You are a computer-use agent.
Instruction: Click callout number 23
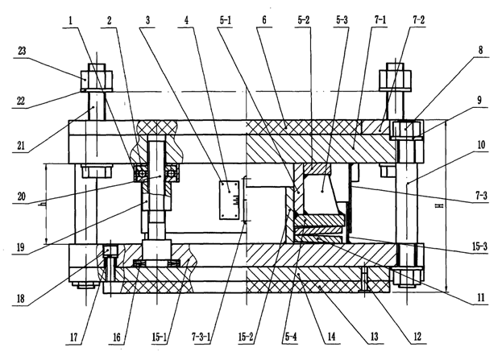point(22,51)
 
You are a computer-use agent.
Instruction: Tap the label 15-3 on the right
point(479,246)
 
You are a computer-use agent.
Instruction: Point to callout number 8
point(480,50)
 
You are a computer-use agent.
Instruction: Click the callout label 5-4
point(290,337)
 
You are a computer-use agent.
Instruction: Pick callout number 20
point(21,196)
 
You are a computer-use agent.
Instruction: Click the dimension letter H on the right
point(441,205)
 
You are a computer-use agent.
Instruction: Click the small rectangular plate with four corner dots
point(229,200)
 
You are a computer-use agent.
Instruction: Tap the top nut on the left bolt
point(97,77)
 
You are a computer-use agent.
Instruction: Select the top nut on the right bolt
point(395,77)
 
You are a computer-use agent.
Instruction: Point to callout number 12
point(417,337)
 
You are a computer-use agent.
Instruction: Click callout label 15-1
point(160,337)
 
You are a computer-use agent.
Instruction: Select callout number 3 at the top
point(147,21)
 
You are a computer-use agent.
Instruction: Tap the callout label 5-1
point(225,20)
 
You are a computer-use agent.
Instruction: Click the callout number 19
point(20,247)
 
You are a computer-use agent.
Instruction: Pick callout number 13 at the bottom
point(374,337)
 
